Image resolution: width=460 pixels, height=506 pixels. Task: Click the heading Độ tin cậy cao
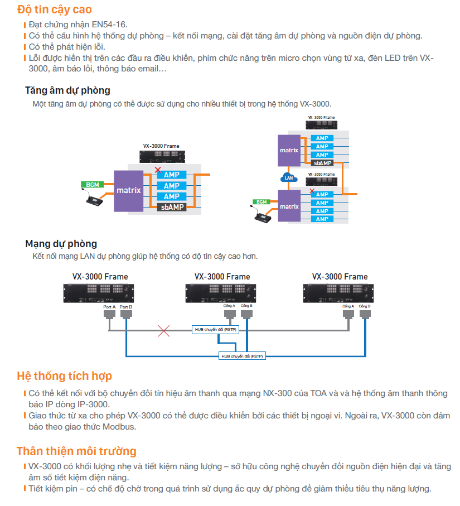tap(55, 9)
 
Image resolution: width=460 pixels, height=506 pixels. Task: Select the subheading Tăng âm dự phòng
tap(67, 90)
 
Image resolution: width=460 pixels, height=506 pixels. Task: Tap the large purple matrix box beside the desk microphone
tap(129, 191)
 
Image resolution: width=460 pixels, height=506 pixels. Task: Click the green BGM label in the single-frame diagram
tap(92, 184)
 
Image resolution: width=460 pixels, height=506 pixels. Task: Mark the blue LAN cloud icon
tap(288, 178)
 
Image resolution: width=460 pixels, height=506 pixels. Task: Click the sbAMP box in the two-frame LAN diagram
tap(322, 163)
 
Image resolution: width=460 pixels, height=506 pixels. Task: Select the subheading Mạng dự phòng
tap(61, 244)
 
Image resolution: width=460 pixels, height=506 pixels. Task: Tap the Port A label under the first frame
tap(109, 307)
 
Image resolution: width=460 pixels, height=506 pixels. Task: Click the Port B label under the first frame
tap(126, 307)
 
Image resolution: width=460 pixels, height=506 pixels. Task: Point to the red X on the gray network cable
tap(163, 331)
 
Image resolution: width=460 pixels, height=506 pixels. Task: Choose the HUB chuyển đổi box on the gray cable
tap(215, 330)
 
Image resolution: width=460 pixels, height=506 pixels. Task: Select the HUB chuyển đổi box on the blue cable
tap(242, 355)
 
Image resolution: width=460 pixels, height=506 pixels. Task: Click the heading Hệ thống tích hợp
tap(64, 377)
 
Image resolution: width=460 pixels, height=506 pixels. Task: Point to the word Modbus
tap(119, 427)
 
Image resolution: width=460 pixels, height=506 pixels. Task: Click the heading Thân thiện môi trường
tap(76, 451)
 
